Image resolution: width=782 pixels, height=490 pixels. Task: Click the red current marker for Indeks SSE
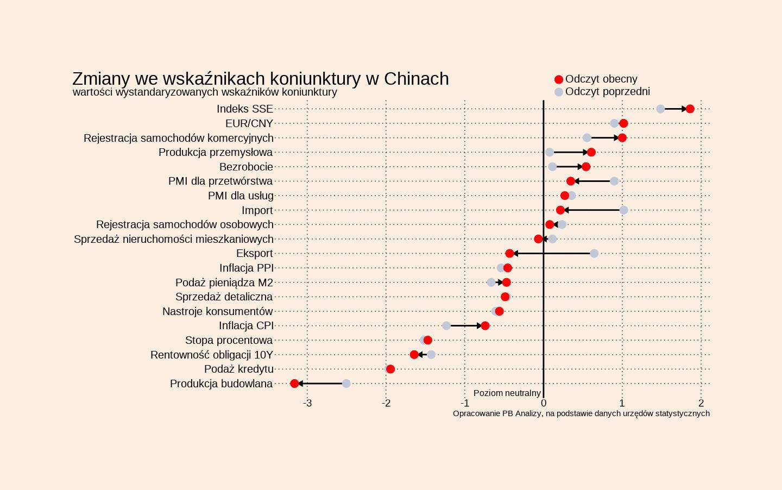tap(690, 109)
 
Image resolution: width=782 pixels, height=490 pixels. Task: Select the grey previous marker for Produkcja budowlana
tap(346, 384)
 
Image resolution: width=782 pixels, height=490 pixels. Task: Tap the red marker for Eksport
tap(509, 254)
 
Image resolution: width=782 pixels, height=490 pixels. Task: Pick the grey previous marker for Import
tap(623, 210)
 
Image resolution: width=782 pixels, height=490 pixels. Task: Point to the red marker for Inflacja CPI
tap(485, 326)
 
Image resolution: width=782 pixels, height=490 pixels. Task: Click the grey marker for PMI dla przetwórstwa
tap(614, 181)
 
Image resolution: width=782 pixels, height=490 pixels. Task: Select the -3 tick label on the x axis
tap(307, 403)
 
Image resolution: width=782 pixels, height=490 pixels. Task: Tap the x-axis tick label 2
tap(701, 403)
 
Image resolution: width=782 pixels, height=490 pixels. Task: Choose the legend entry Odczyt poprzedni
tap(607, 92)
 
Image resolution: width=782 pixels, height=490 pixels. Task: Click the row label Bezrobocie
tap(246, 167)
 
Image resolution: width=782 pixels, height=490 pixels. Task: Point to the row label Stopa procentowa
tap(229, 341)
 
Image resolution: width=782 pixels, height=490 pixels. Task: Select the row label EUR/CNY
tap(249, 124)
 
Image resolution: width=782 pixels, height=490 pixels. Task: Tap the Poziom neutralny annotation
tap(507, 393)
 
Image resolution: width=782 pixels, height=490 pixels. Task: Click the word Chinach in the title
tap(416, 79)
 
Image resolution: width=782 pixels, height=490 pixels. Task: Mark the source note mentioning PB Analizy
tap(581, 413)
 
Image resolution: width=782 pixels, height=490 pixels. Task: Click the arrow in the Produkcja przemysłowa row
tap(570, 152)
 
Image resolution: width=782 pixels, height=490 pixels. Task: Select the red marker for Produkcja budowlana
tap(294, 384)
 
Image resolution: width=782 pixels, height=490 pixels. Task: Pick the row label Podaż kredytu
tap(238, 369)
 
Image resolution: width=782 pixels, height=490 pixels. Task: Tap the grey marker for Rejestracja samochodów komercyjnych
tap(586, 138)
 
